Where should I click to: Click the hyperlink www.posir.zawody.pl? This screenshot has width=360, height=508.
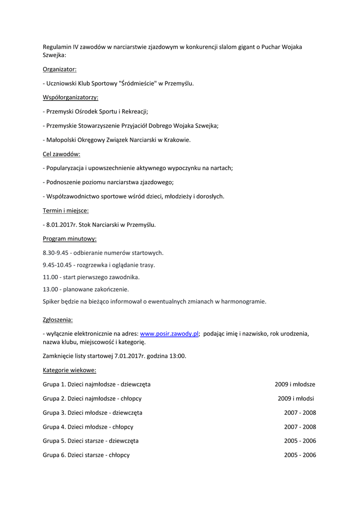pos(169,334)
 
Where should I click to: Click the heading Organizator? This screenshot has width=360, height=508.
pos(60,69)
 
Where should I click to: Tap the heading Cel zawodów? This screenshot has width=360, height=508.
pos(62,154)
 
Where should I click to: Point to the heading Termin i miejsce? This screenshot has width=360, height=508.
pos(66,210)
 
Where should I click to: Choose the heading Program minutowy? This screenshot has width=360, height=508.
pos(70,239)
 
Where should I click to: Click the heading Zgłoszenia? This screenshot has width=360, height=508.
pos(58,319)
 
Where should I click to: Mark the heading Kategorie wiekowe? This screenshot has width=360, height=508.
pos(70,370)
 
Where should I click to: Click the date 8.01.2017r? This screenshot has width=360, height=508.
pos(59,225)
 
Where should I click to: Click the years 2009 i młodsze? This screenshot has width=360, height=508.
pos(295,384)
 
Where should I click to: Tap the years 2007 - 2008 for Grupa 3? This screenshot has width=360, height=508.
pos(300,412)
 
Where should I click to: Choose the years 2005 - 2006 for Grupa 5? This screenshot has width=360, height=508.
pos(300,441)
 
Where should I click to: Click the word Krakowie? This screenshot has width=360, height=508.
pos(176,140)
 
